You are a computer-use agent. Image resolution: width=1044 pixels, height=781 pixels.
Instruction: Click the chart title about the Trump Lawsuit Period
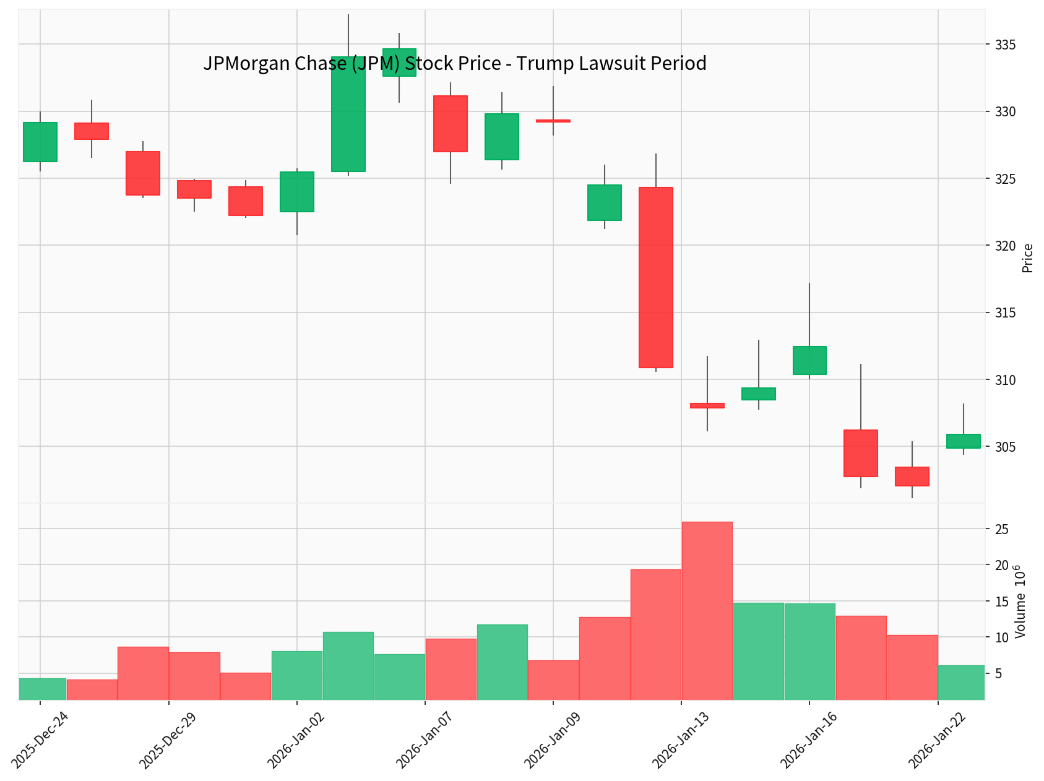click(x=454, y=64)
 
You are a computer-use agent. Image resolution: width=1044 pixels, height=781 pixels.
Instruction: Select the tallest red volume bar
click(x=707, y=611)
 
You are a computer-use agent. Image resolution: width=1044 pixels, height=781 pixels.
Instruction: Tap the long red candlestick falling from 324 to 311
click(x=655, y=277)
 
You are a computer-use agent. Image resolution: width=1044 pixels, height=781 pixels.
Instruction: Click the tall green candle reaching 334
click(x=348, y=114)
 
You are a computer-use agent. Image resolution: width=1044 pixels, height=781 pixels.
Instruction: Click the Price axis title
click(x=1027, y=258)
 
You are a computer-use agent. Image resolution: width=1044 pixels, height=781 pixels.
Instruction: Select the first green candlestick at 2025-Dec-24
click(x=40, y=142)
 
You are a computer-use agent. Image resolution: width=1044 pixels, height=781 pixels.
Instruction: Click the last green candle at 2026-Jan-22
click(x=963, y=441)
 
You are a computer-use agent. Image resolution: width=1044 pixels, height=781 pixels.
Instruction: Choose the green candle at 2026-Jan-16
click(x=809, y=360)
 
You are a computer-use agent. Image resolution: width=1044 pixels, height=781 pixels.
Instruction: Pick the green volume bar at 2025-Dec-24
click(x=42, y=689)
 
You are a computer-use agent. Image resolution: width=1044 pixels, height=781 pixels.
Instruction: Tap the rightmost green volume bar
click(x=961, y=683)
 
